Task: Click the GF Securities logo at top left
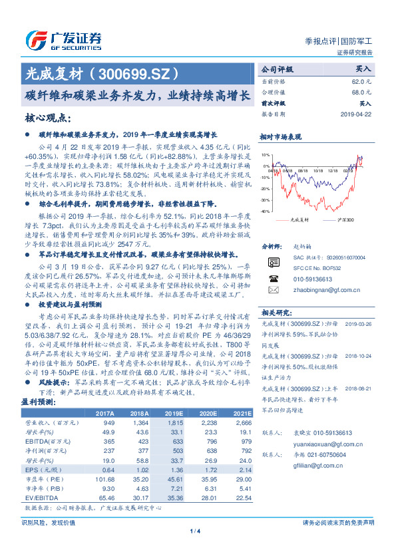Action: tap(63, 39)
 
